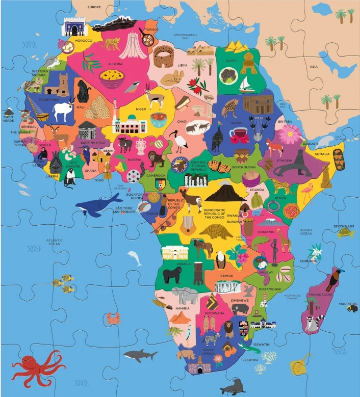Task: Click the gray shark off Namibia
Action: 140,354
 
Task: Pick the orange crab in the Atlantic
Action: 113,320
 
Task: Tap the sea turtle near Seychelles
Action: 346,232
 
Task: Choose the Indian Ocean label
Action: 306,232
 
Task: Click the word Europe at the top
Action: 94,7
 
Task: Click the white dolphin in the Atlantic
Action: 135,257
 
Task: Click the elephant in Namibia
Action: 185,295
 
